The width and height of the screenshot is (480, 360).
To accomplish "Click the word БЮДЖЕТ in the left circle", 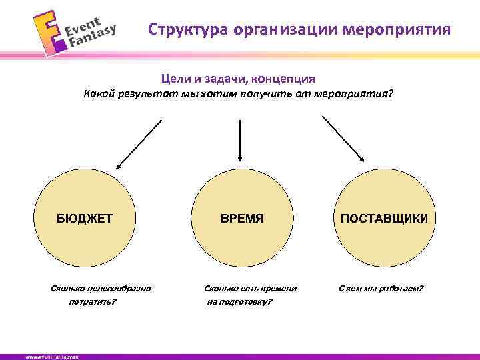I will click(x=84, y=218).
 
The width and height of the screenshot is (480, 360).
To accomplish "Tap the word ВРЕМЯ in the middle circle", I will click(x=243, y=218).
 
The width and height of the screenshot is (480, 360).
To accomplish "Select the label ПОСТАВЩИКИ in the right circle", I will click(x=385, y=218).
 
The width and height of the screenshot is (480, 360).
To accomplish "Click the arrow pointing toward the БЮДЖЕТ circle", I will click(x=139, y=143).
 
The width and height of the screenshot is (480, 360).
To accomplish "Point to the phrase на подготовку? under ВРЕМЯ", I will click(x=239, y=302).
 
